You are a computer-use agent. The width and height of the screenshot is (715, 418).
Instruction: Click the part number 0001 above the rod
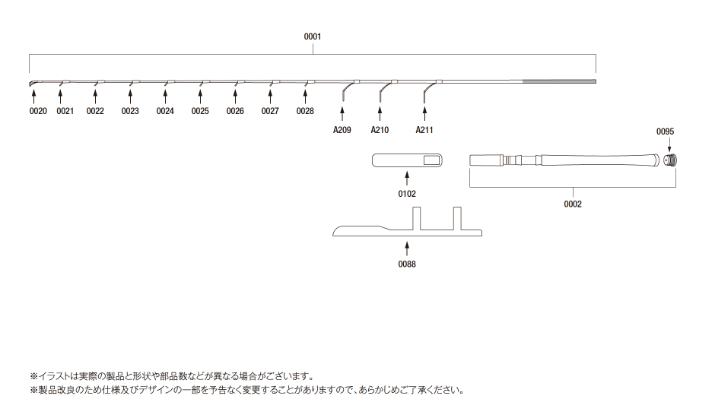click(x=313, y=36)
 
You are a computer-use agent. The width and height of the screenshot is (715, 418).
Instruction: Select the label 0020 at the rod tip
click(x=38, y=111)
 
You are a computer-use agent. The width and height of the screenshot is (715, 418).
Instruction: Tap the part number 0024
click(x=165, y=111)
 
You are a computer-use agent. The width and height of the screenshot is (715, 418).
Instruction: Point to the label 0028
click(x=305, y=111)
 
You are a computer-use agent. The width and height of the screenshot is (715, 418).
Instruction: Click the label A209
click(x=342, y=130)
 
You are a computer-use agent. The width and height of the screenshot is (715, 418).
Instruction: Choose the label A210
click(x=380, y=130)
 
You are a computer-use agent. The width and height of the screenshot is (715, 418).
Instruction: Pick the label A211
click(x=424, y=130)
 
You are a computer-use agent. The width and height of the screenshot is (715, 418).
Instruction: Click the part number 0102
click(x=407, y=195)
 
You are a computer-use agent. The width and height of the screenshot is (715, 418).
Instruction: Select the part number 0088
click(x=407, y=264)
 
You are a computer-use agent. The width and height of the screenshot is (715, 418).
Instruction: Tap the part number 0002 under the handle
click(x=573, y=204)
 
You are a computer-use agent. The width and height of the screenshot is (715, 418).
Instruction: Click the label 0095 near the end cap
click(x=665, y=131)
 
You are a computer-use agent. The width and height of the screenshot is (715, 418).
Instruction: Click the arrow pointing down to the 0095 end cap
click(x=669, y=144)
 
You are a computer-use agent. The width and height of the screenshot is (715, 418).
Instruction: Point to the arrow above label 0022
click(x=95, y=97)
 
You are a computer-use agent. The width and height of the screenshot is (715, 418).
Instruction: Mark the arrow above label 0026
click(x=235, y=97)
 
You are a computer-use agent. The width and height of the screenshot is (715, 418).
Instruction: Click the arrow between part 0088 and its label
click(x=407, y=249)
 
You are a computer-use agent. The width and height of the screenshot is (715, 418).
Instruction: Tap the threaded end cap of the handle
click(x=670, y=160)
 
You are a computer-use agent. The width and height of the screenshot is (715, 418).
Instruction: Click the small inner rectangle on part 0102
click(x=431, y=160)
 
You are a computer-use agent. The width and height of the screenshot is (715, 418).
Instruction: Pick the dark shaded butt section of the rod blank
click(x=559, y=81)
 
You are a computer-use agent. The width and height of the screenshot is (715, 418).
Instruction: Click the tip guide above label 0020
click(x=33, y=84)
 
